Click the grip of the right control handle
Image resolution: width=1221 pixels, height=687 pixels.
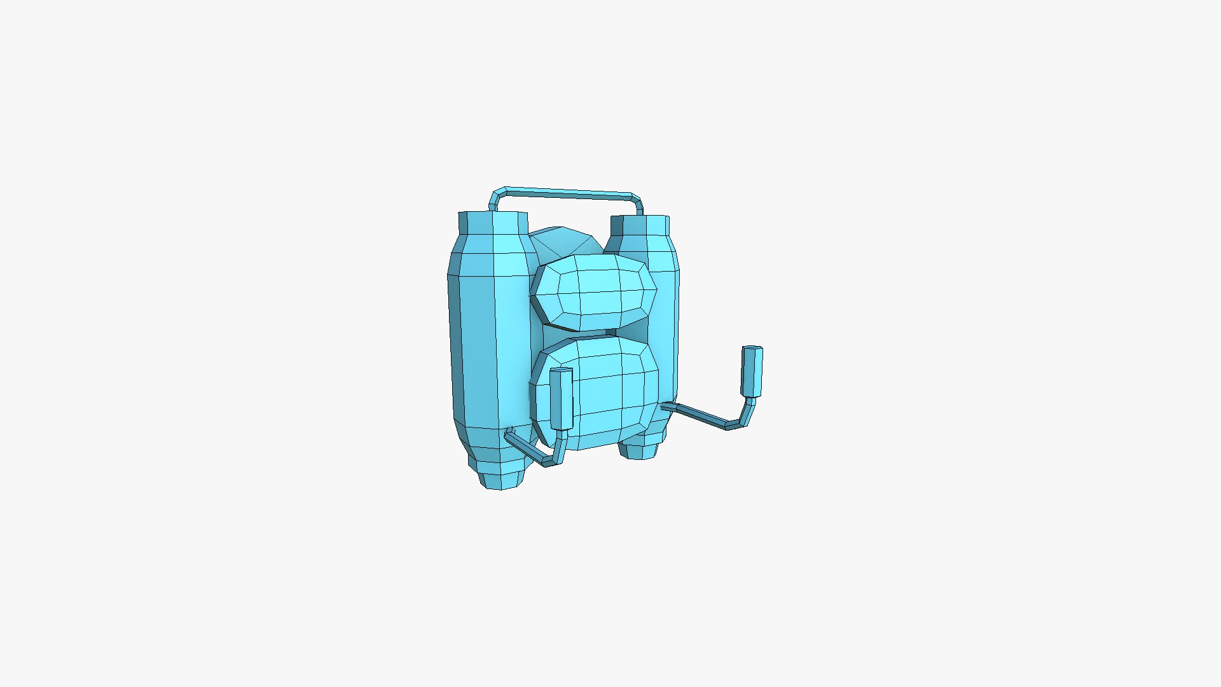pyautogui.click(x=752, y=371)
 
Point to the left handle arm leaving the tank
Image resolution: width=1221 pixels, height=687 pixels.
pyautogui.click(x=525, y=447)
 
